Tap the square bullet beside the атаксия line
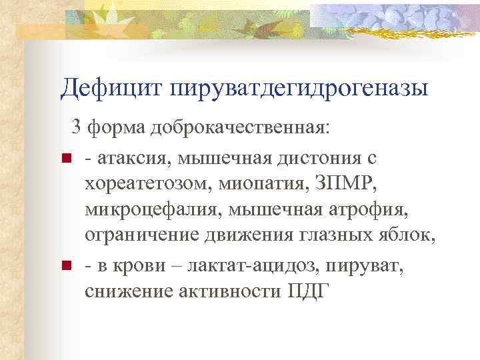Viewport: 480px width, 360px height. tap(65, 159)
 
